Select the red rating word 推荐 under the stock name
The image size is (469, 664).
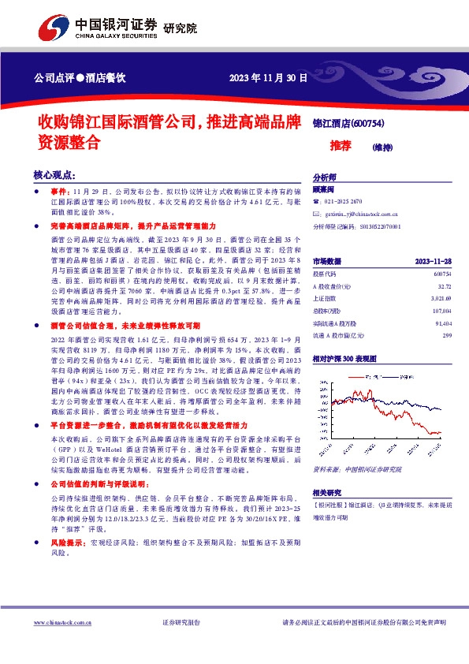click(341, 146)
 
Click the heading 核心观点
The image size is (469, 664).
click(54, 175)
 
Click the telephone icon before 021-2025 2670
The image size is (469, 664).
click(317, 202)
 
